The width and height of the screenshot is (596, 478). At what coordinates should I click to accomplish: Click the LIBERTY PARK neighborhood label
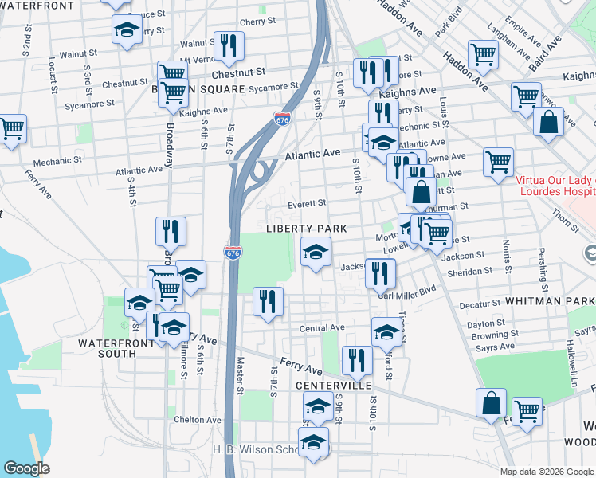(306, 229)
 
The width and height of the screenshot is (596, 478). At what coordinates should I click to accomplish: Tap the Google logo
(28, 469)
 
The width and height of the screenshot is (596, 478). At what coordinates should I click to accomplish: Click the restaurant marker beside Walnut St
(229, 47)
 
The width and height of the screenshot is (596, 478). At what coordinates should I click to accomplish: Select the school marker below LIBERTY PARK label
(316, 253)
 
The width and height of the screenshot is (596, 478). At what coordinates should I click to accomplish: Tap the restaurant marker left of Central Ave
(267, 302)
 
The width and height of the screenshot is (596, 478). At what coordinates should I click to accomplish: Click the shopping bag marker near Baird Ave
(548, 123)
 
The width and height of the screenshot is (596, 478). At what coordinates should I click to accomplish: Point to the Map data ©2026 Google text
(546, 471)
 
